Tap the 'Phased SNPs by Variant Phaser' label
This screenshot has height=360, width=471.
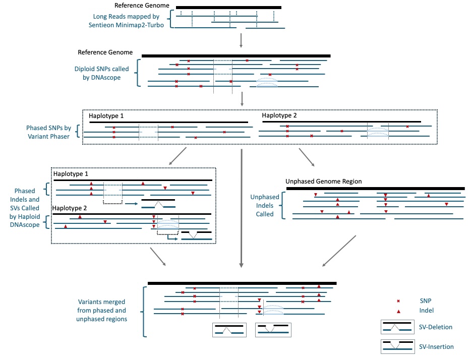pos(49,132)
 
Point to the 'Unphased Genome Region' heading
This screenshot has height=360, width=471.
pos(323,181)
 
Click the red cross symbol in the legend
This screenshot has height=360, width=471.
pos(398,301)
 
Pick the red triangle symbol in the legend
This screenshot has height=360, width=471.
pos(398,311)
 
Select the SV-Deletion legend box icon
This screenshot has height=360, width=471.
pos(398,327)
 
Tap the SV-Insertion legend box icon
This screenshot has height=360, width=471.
pos(398,346)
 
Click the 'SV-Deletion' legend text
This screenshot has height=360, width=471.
pos(435,327)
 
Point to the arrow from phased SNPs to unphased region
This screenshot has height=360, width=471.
pos(306,157)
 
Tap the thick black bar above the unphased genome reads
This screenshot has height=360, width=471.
pos(375,189)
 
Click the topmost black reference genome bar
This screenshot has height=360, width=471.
pos(229,8)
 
